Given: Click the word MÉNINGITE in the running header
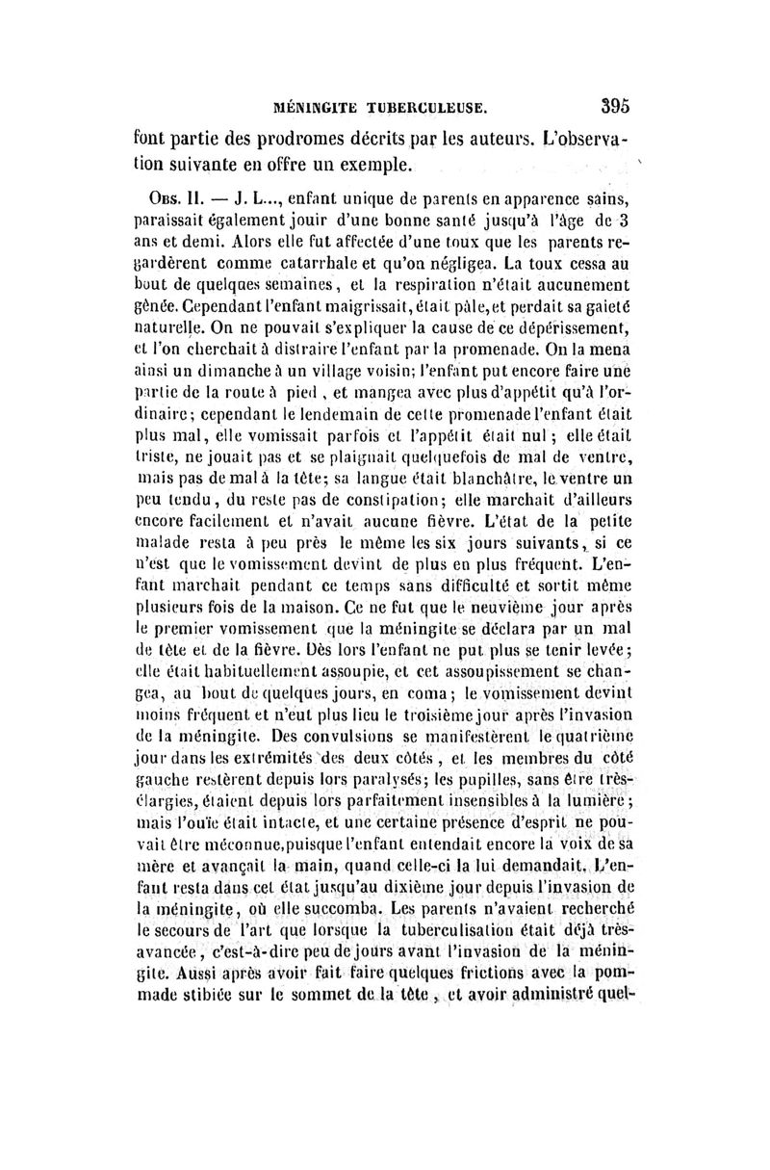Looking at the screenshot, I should [x=306, y=102].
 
